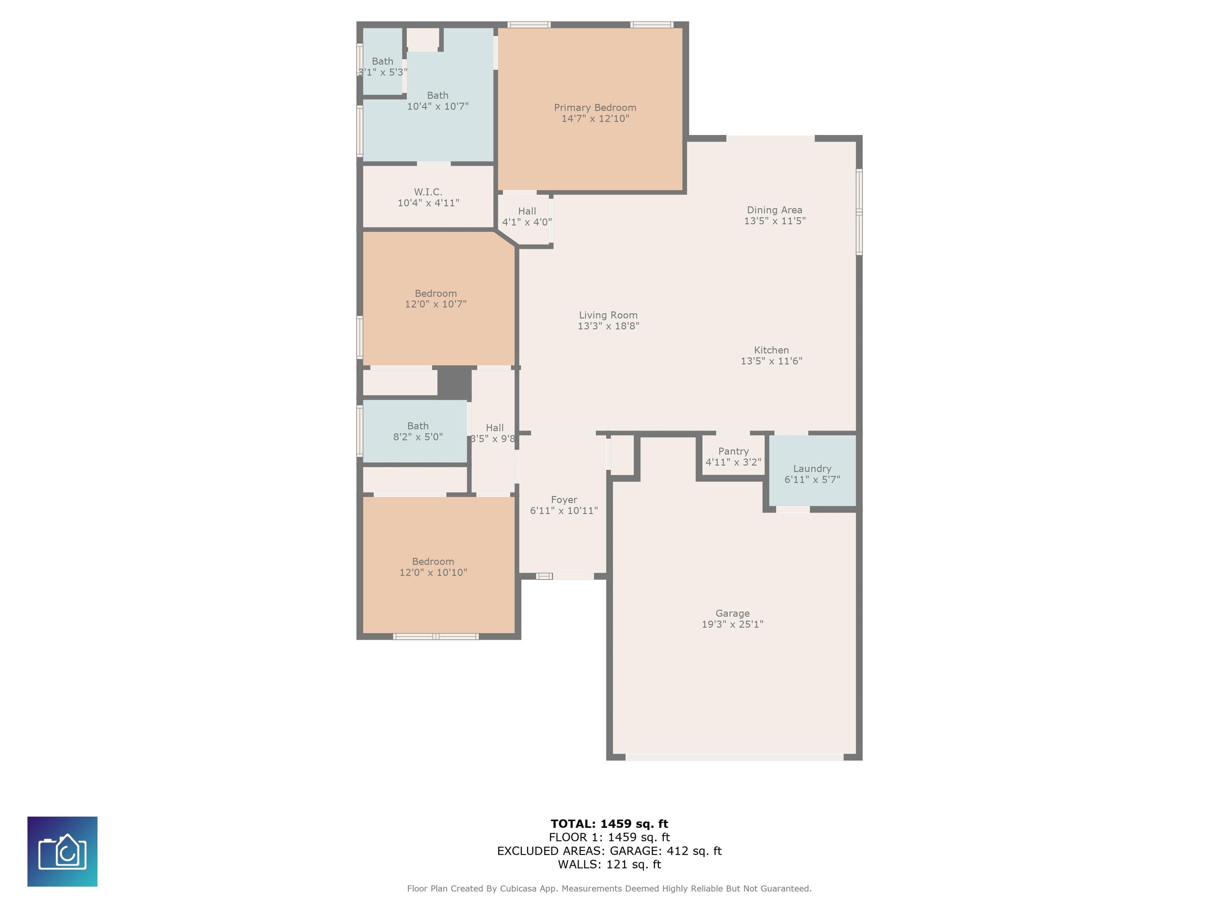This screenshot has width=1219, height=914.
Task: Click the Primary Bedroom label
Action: pos(595,108)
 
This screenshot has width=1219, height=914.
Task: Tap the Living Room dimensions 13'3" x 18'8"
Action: pos(608,326)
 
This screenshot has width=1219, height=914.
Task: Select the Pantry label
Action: pos(733,451)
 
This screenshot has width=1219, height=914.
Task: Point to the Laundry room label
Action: pos(812,469)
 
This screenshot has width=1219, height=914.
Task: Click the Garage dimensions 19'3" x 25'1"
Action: pos(733,624)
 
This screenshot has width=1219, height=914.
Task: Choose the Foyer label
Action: pos(564,500)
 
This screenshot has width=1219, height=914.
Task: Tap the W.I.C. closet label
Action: pos(428,192)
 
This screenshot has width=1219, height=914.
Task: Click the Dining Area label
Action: pos(774,210)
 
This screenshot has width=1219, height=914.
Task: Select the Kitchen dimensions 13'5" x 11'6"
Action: pos(771,361)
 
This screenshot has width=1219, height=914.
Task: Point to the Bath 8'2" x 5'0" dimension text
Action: pos(418,437)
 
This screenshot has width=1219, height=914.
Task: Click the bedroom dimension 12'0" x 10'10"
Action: pos(433,572)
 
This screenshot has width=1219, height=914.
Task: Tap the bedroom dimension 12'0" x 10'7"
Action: pos(436,304)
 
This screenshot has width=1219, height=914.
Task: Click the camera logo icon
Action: pos(62,851)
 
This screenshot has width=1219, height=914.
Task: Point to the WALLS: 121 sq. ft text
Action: pos(609,864)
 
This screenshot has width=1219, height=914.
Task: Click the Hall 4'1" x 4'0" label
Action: pos(527,217)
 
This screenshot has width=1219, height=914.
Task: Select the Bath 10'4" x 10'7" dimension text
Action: pos(438,106)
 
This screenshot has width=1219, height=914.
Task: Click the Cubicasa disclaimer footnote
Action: pos(609,888)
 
